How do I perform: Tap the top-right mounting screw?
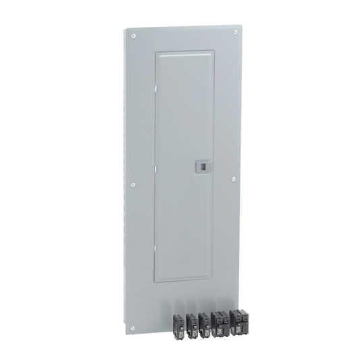pos(235,32)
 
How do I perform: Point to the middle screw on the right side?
pos(234,179)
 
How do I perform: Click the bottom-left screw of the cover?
pos(133,328)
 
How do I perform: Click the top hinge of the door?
pos(155,86)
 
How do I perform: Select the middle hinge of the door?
pos(155,166)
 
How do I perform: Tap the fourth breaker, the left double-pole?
pos(220,323)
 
